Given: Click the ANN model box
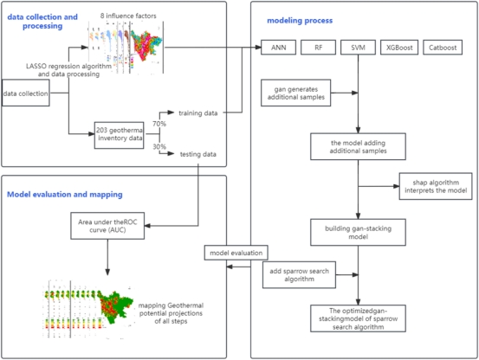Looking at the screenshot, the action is point(278,48).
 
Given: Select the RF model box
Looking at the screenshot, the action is point(318,48).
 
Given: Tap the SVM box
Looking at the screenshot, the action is point(358,48).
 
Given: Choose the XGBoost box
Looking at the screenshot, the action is point(399,48).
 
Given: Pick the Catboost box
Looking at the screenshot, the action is point(443,48).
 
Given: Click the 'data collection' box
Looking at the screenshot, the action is point(26,93).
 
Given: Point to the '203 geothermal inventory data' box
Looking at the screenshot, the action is point(120,134).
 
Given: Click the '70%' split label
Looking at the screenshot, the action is point(159,124).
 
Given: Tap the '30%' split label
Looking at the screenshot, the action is point(159,147).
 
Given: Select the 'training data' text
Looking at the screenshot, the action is point(198,113).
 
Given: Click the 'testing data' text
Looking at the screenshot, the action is point(198,154).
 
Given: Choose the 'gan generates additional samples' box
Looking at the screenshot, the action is point(295,93).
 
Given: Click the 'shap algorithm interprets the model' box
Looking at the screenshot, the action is point(436,186).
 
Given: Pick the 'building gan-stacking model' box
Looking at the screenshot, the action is point(358,232).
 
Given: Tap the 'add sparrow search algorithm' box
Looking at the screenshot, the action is point(299,274).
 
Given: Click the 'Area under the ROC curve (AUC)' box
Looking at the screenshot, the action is point(107,226).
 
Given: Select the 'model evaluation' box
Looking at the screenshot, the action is point(236,253).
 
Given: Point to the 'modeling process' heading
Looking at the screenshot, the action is point(300,21).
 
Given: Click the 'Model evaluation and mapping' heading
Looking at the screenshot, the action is point(65,195).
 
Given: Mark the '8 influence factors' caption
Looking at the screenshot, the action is point(128,16).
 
